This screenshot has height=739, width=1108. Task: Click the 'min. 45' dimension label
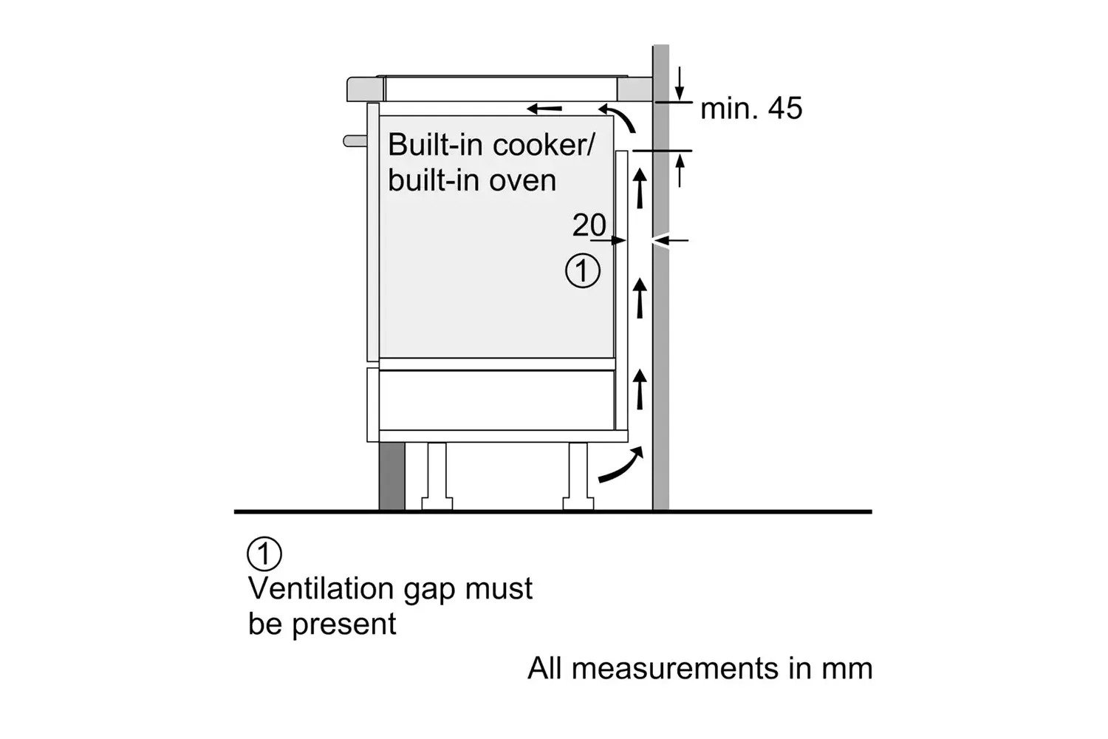(751, 109)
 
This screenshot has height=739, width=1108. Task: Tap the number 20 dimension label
(589, 225)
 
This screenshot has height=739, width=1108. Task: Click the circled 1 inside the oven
(583, 270)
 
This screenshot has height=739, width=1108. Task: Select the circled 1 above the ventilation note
(264, 554)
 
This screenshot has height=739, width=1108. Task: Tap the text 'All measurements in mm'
(700, 668)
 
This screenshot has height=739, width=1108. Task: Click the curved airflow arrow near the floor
(621, 466)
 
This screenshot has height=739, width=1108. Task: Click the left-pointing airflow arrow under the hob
(544, 109)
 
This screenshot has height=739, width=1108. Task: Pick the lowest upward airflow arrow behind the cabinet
(640, 389)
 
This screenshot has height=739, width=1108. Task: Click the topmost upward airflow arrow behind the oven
(640, 188)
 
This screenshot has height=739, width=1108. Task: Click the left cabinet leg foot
(437, 503)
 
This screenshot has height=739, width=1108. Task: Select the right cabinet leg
(578, 476)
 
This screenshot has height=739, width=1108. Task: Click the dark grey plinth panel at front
(391, 476)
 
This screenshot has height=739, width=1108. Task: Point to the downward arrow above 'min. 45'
(680, 84)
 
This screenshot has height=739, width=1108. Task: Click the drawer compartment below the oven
(496, 400)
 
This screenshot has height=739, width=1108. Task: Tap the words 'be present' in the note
(322, 624)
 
